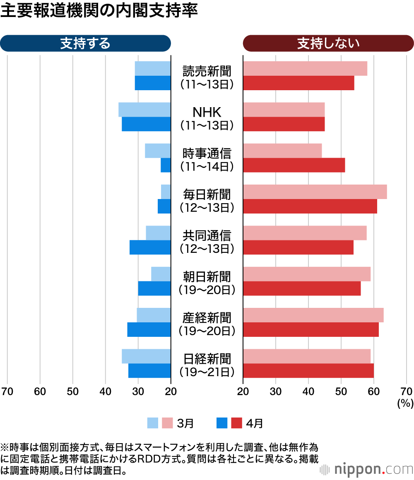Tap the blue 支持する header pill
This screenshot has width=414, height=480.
tap(85, 43)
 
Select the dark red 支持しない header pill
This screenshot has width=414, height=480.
tap(328, 43)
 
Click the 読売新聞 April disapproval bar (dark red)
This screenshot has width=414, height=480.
tap(298, 83)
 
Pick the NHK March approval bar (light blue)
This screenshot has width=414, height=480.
tap(144, 110)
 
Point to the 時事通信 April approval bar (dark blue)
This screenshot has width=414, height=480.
tap(166, 166)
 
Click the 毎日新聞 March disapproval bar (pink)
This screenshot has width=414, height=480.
tap(315, 192)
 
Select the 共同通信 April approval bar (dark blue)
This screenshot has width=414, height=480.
tap(150, 247)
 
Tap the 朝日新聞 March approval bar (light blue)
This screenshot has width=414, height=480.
tap(161, 274)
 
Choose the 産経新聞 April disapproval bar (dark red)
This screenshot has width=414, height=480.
tap(310, 329)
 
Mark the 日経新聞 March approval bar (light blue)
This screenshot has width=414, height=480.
tap(146, 356)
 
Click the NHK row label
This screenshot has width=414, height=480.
tap(207, 118)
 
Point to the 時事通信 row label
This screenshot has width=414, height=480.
tap(207, 159)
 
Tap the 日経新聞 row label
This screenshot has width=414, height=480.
tap(207, 364)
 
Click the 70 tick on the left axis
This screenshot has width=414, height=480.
tap(7, 391)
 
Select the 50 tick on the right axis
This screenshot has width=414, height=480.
tap(341, 391)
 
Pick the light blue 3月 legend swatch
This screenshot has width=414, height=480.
tap(153, 423)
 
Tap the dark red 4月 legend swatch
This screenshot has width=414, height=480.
tap(236, 423)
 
